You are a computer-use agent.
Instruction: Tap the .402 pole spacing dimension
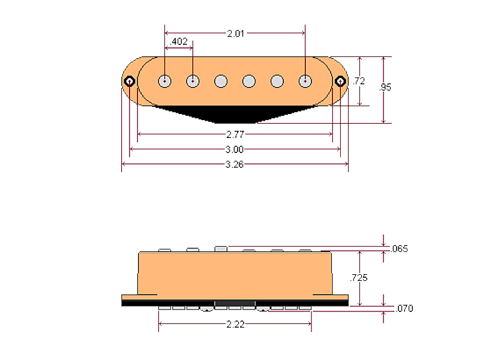tap(179, 42)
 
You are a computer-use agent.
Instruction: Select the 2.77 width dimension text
tap(235, 135)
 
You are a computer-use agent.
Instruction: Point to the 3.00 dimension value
tap(235, 149)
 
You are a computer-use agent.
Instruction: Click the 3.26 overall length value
tap(235, 164)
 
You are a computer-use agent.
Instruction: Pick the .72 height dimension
tap(359, 81)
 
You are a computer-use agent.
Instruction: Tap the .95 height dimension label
tap(385, 87)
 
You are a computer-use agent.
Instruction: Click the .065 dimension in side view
tap(399, 248)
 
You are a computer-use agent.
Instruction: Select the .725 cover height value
tap(359, 278)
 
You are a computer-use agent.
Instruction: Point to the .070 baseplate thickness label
tap(404, 309)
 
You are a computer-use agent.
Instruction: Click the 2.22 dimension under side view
tap(235, 324)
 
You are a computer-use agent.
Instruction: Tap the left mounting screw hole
tap(130, 81)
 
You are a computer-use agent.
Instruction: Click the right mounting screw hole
tap(340, 81)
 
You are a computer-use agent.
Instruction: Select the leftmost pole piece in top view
tap(165, 81)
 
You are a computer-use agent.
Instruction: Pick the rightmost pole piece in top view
tap(305, 81)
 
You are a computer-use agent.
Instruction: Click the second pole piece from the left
tap(193, 81)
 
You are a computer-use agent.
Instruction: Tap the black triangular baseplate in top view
tap(235, 113)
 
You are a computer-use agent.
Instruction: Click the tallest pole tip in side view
tap(221, 248)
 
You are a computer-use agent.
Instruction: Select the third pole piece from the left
tap(221, 81)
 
